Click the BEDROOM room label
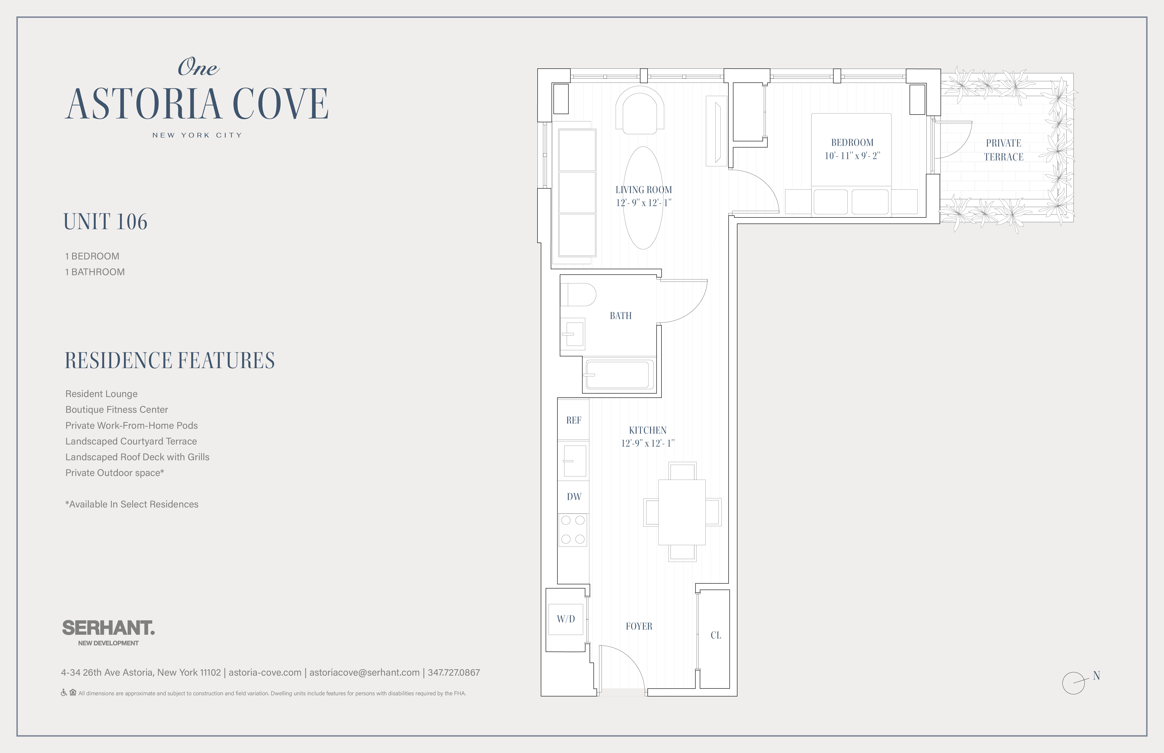(852, 143)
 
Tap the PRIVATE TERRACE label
(1004, 150)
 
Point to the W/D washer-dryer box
(566, 619)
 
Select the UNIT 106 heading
(105, 222)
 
